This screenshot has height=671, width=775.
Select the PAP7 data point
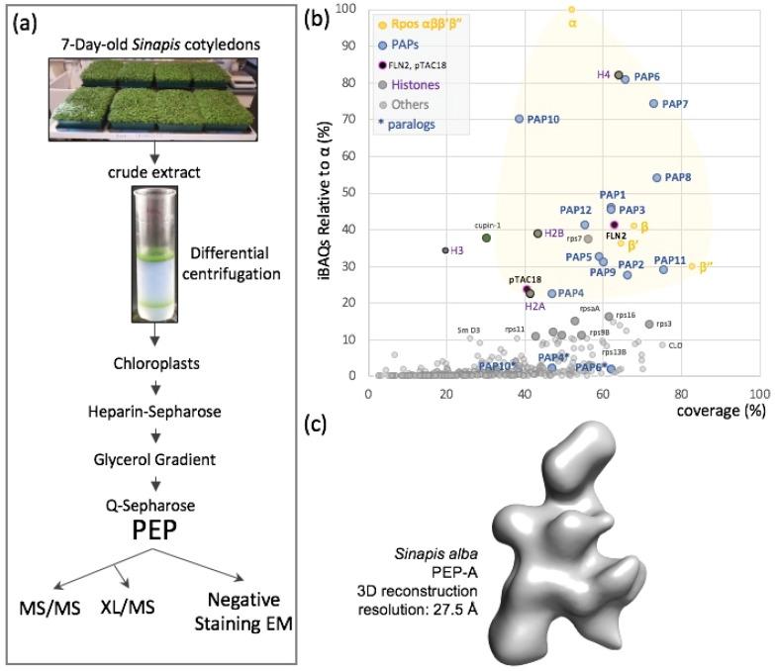653,103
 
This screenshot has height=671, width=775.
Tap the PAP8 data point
656,178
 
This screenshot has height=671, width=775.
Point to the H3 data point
445,250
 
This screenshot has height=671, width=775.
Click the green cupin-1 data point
486,238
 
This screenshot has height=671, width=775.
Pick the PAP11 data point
663,269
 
